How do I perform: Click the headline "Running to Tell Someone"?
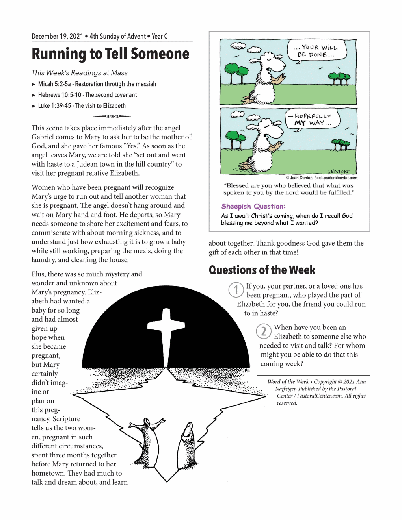click(110, 54)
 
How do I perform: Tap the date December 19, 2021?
click(57, 36)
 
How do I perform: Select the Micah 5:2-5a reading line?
click(97, 84)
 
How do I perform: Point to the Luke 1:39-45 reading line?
click(82, 105)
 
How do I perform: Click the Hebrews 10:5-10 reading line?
click(87, 95)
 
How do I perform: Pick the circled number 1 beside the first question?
click(236, 290)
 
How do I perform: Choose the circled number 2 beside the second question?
click(264, 331)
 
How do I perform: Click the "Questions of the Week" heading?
click(262, 270)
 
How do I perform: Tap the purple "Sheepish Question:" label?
click(253, 206)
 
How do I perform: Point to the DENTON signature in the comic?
click(339, 171)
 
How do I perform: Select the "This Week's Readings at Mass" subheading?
click(80, 73)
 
